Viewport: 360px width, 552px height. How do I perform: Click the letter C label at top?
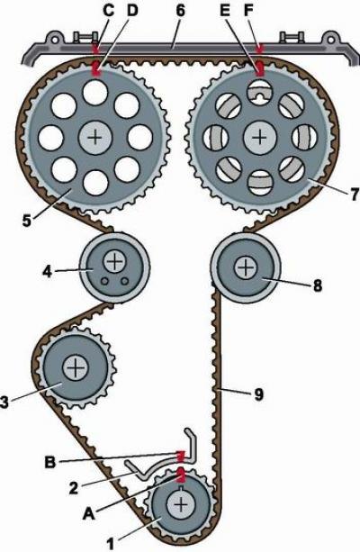pyautogui.click(x=109, y=11)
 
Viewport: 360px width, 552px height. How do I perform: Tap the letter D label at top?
pyautogui.click(x=131, y=11)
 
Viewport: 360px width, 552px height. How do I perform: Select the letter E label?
pyautogui.click(x=224, y=11)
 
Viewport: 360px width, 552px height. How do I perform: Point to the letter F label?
pyautogui.click(x=248, y=11)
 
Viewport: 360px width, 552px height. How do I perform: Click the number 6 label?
pyautogui.click(x=180, y=11)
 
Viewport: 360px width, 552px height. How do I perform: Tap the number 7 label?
pyautogui.click(x=355, y=194)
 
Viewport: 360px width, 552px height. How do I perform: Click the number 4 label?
pyautogui.click(x=48, y=271)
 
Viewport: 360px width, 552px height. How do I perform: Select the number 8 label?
pyautogui.click(x=318, y=285)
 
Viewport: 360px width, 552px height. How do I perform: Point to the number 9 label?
pyautogui.click(x=258, y=394)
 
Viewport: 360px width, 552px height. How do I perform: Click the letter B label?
pyautogui.click(x=50, y=462)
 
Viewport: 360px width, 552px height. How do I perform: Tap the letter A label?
pyautogui.click(x=88, y=515)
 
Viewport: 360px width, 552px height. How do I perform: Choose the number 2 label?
pyautogui.click(x=73, y=489)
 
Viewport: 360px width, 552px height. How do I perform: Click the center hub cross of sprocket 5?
pyautogui.click(x=95, y=137)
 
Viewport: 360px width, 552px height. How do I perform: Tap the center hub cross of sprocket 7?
pyautogui.click(x=260, y=137)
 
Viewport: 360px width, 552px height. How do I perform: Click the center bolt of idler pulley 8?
pyautogui.click(x=246, y=267)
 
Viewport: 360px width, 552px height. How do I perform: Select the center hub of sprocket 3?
pyautogui.click(x=75, y=367)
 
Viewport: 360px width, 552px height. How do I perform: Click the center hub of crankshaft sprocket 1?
pyautogui.click(x=181, y=505)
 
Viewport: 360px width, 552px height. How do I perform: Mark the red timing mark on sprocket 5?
pyautogui.click(x=96, y=68)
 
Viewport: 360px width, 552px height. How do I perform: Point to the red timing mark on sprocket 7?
pyautogui.click(x=260, y=69)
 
